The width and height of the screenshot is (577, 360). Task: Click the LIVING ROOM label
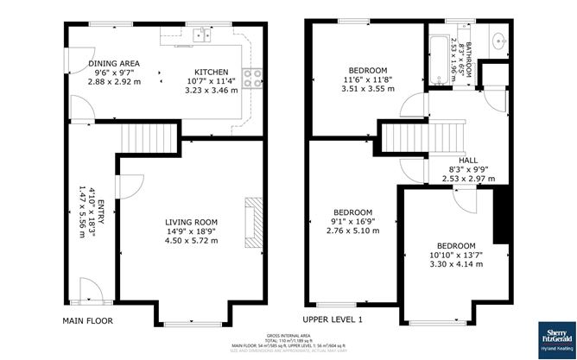click(x=192, y=222)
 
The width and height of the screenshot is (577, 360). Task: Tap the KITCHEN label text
click(x=210, y=72)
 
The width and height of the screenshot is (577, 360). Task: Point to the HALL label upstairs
click(x=467, y=161)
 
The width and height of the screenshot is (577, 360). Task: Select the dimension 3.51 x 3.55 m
click(x=367, y=87)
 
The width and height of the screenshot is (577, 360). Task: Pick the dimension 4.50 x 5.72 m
click(x=192, y=241)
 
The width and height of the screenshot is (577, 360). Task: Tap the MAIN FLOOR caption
click(x=87, y=320)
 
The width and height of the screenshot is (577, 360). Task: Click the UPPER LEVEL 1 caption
click(x=333, y=320)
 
